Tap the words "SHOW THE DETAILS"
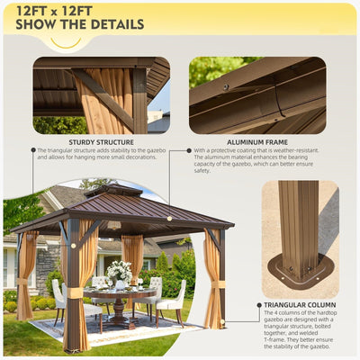[75, 24]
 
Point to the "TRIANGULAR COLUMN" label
[300, 305]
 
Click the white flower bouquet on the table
[118, 271]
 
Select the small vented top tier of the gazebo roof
[113, 191]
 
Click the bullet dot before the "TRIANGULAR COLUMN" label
[259, 305]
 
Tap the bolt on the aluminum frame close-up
[226, 86]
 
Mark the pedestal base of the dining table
[119, 315]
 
